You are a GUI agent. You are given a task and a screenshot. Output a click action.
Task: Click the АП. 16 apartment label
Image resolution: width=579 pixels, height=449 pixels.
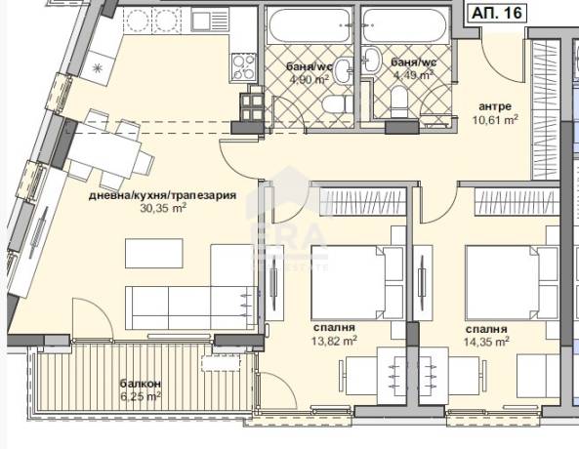coord(497,13)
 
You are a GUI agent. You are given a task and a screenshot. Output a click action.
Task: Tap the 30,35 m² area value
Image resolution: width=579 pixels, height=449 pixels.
coord(163,208)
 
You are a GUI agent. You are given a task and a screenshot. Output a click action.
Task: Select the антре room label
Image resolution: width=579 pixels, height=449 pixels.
coord(495,106)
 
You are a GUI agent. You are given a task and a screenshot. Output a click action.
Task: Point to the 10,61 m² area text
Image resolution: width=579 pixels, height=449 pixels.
coord(495,120)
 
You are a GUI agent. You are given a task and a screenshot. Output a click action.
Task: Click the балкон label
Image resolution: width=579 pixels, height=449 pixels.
coord(140,384)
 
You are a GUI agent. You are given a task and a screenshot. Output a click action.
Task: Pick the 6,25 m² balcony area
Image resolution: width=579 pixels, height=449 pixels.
coord(141,397)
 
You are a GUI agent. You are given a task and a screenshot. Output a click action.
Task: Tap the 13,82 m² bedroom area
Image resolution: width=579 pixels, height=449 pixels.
coord(334,341)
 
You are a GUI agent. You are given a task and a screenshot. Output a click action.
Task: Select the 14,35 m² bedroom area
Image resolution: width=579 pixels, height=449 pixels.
coord(486,341)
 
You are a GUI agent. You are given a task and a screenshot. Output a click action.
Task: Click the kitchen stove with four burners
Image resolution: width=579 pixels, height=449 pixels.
coord(244,66)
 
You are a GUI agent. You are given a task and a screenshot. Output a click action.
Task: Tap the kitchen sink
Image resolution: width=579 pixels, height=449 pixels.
coord(201,21)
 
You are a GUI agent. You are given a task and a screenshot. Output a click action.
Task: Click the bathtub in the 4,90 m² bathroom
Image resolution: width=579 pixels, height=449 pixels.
coord(309,24)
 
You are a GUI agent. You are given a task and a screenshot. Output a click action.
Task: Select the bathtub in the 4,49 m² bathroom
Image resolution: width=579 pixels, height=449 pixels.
coord(405,24)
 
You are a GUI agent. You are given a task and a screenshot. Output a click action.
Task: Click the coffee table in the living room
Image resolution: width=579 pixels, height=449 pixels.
coord(154,254)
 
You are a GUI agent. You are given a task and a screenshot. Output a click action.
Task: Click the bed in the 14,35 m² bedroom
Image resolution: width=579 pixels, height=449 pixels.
coord(512,282)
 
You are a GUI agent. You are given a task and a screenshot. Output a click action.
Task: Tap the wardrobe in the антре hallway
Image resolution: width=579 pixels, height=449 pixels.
coord(547,110)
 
